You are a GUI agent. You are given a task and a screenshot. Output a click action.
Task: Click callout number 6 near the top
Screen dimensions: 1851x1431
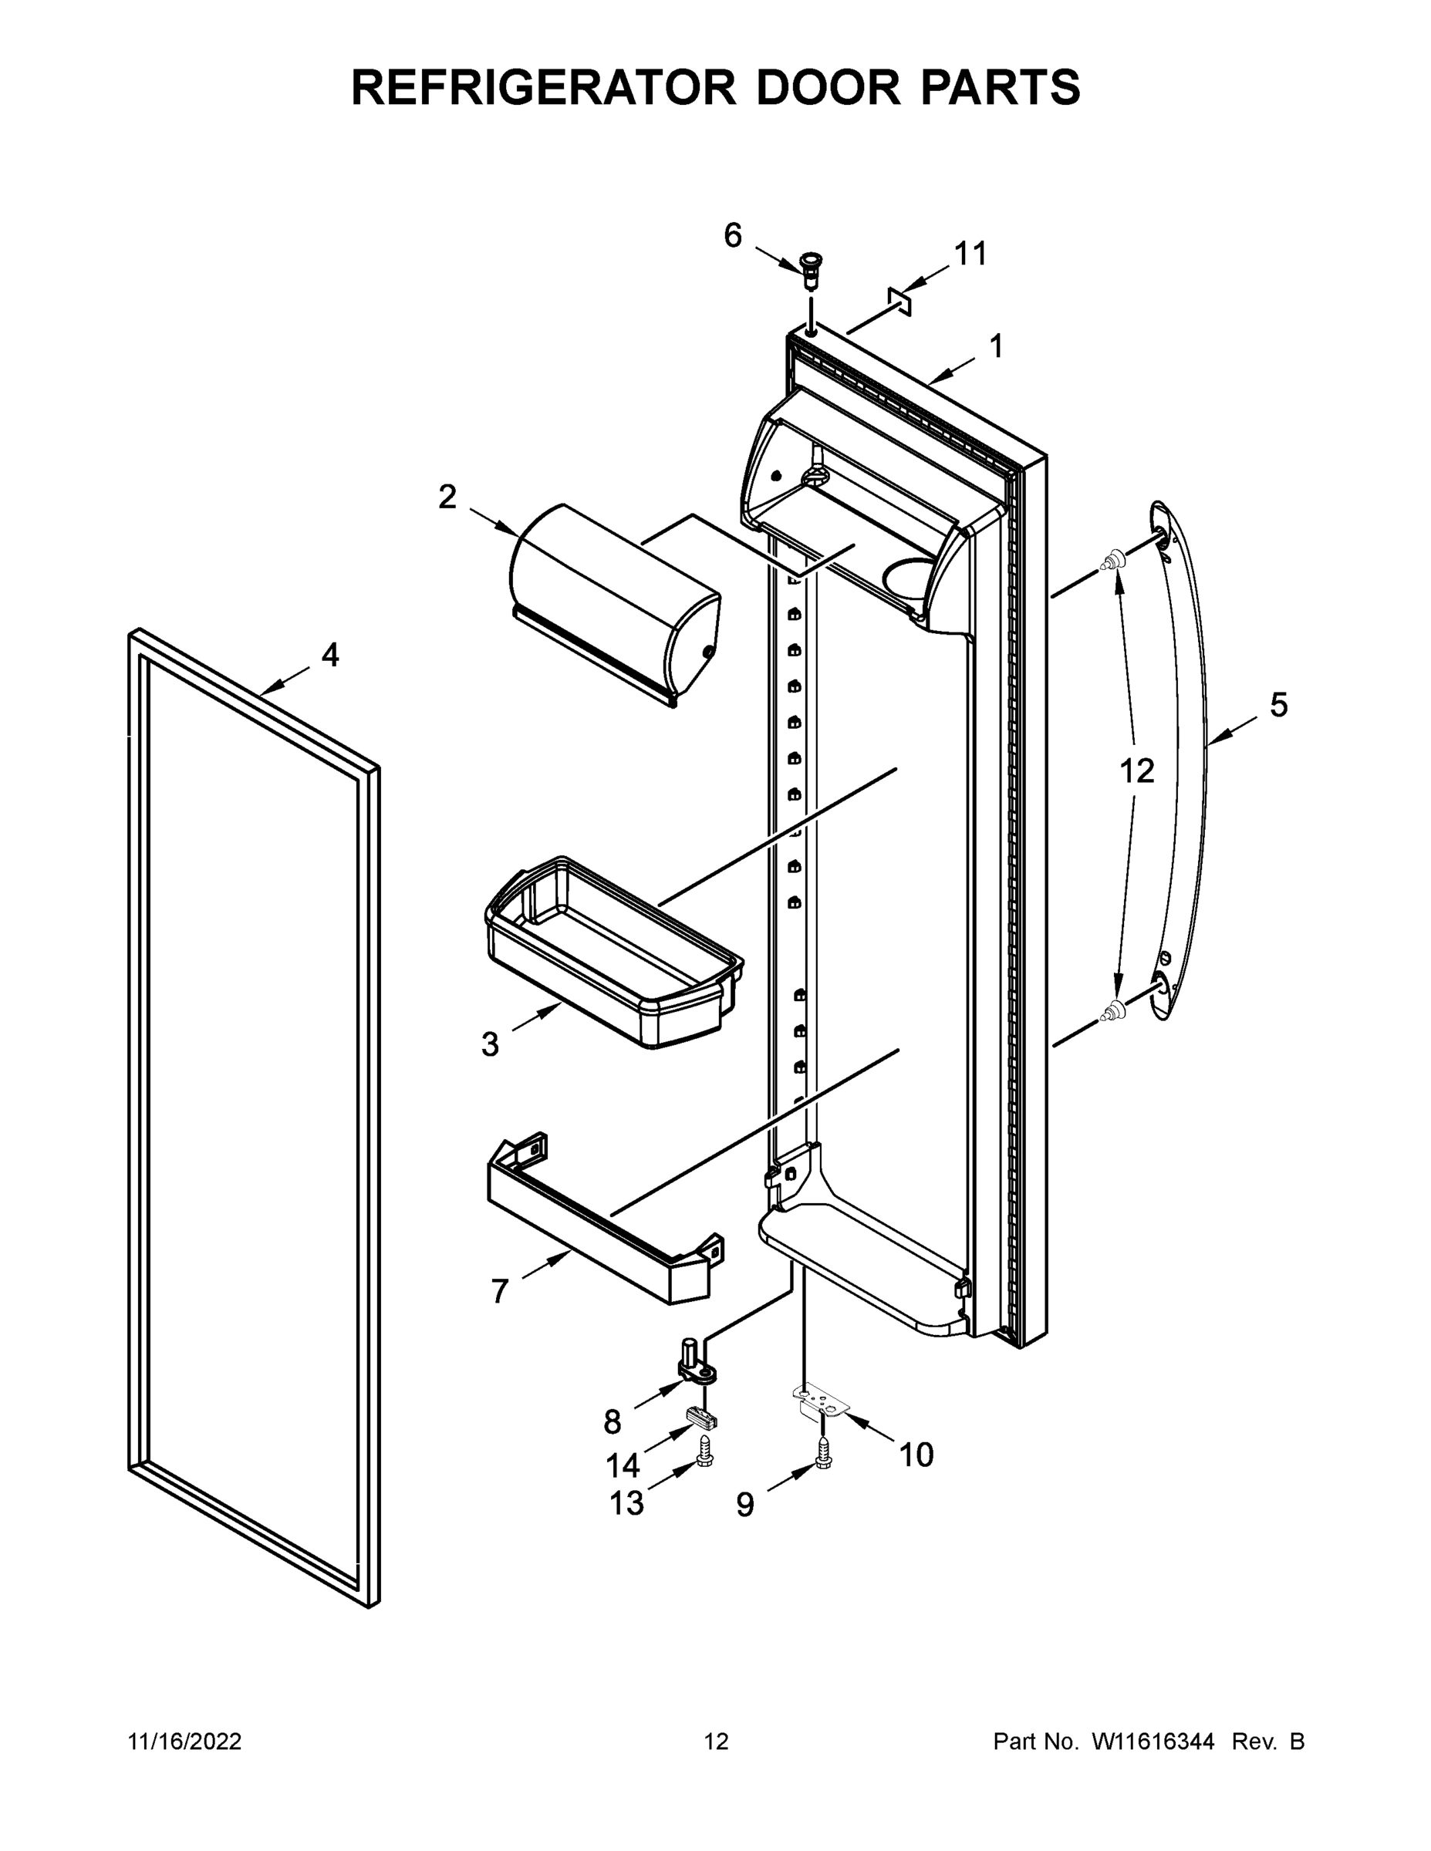tap(732, 235)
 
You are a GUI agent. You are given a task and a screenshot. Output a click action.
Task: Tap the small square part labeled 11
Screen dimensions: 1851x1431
tap(899, 300)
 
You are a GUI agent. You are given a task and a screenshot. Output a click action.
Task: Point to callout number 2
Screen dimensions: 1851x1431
tap(447, 497)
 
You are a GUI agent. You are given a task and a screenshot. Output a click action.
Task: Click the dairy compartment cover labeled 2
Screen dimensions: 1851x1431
tap(615, 602)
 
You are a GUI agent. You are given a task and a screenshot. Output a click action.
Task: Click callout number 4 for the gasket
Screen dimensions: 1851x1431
tap(329, 654)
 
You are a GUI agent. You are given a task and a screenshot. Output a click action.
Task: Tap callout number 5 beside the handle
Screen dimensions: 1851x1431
tap(1278, 705)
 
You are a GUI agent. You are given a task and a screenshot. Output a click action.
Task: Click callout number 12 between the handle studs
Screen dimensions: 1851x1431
tap(1137, 771)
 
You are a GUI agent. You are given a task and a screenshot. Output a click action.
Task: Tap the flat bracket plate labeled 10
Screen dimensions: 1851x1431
tap(820, 1400)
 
